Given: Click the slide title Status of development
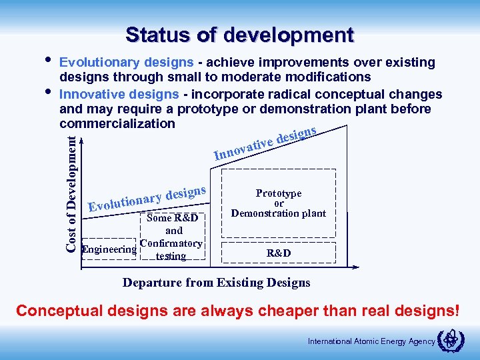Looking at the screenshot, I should click(239, 34).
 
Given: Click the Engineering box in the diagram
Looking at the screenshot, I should click(109, 250).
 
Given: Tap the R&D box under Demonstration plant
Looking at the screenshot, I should click(279, 253).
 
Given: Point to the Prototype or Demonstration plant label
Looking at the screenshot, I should click(279, 203).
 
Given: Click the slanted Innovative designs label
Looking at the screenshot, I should click(265, 142).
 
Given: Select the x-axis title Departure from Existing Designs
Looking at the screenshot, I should click(216, 283).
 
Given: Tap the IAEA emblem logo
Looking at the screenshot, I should click(449, 341).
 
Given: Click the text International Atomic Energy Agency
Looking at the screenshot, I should click(371, 342).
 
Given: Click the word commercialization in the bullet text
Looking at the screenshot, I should click(117, 124).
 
